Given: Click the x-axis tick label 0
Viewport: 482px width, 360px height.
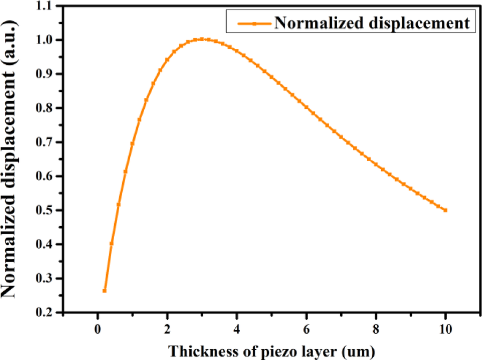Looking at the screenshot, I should pyautogui.click(x=97, y=328).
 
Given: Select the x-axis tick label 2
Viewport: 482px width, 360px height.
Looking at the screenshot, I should pyautogui.click(x=167, y=328).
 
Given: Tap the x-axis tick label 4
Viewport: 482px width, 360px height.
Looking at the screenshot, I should pyautogui.click(x=236, y=328).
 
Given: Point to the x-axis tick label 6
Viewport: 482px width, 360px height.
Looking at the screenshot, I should pyautogui.click(x=306, y=328).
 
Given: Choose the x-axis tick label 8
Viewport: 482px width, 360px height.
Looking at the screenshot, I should pyautogui.click(x=376, y=328).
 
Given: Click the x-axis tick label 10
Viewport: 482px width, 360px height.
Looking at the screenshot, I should pyautogui.click(x=446, y=328).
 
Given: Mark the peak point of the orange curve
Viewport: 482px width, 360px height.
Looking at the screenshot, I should pyautogui.click(x=202, y=39).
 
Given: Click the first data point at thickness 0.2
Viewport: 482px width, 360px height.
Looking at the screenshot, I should pyautogui.click(x=105, y=291).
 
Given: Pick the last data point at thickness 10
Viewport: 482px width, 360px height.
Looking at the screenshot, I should pyautogui.click(x=446, y=211).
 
